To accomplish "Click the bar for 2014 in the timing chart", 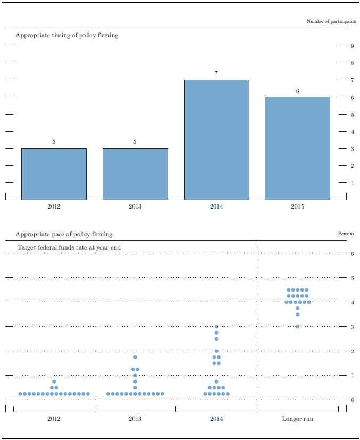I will (216, 139).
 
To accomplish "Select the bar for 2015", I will (297, 148).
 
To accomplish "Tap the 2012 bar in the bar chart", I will (54, 173).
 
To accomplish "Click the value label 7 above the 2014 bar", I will (216, 73).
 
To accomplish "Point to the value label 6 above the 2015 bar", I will (297, 90).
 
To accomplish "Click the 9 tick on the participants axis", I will (352, 46).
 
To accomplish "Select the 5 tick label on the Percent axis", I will (352, 278).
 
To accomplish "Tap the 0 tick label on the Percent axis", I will (352, 400).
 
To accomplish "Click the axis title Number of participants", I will (331, 21).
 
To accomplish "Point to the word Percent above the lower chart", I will (346, 234).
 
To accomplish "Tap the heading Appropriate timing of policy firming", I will (67, 35).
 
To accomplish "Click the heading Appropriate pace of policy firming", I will (64, 234).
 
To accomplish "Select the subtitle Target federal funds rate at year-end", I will (69, 247).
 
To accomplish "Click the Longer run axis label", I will (297, 419).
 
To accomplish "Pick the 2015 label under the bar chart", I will (297, 206).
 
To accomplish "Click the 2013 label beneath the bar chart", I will (135, 206).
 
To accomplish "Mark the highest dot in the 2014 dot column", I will (216, 327).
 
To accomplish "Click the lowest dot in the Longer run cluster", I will (297, 327).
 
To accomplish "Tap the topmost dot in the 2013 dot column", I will (135, 357).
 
